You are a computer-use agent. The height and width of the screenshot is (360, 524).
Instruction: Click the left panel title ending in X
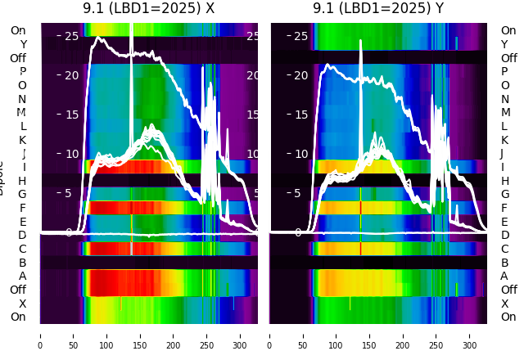[148, 8]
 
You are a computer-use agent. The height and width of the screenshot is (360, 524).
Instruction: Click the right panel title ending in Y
[378, 8]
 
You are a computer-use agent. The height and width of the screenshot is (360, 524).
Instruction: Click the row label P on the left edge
[23, 72]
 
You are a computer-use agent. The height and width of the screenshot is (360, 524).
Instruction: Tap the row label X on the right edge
[504, 304]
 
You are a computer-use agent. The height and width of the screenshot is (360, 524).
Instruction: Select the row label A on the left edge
[23, 276]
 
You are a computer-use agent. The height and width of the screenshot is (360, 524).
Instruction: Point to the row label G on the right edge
[504, 195]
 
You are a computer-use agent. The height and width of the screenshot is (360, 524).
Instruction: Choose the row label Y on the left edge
[23, 45]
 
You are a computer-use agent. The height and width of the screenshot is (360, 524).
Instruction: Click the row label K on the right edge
[504, 140]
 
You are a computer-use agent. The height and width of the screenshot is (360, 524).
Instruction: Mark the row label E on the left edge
[23, 222]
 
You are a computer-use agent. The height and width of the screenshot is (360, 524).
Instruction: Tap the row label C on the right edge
[504, 249]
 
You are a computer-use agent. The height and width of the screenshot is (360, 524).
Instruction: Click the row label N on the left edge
[23, 99]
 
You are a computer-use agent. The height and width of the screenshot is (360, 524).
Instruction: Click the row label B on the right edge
[504, 263]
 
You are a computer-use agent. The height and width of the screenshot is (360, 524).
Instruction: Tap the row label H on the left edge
[23, 181]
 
